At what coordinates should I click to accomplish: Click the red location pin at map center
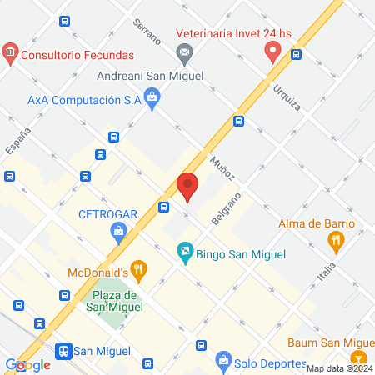(187, 186)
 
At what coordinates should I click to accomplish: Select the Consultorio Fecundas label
(78, 56)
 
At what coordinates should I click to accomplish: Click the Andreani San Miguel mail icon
(184, 55)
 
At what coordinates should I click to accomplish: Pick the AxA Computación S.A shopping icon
(152, 99)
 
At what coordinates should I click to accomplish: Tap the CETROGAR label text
(107, 212)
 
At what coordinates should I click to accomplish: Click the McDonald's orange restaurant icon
(138, 269)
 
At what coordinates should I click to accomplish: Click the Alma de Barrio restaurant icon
(336, 242)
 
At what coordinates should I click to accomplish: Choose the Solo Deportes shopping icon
(222, 360)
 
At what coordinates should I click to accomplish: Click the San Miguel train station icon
(62, 352)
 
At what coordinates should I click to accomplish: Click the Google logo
(27, 364)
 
